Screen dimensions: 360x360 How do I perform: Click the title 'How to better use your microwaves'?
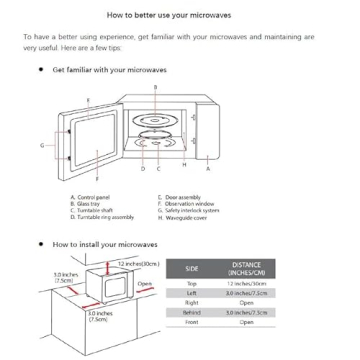(180, 15)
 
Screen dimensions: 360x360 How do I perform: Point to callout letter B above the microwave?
(155, 88)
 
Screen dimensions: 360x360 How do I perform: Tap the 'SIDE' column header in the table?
(192, 269)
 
